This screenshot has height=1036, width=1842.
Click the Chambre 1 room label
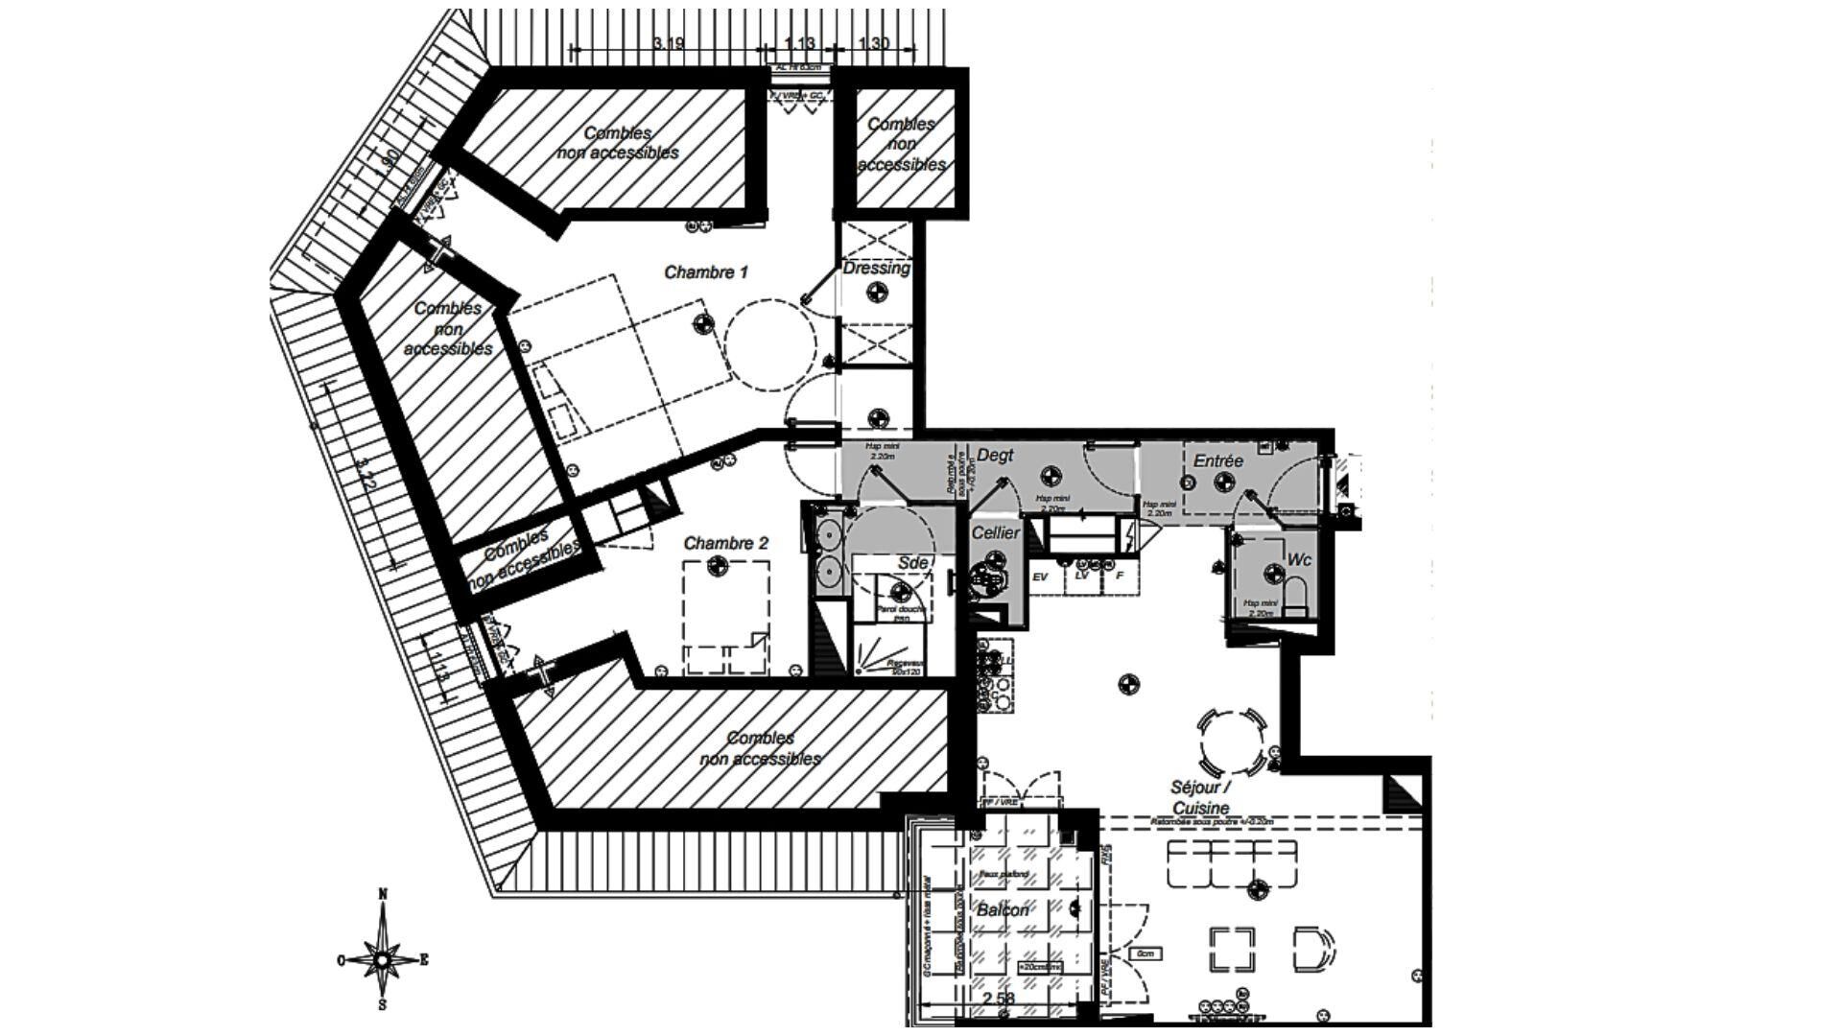click(706, 272)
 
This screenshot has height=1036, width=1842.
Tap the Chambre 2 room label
click(725, 544)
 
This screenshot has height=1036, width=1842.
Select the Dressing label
click(876, 269)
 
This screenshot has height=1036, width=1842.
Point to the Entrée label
click(1217, 461)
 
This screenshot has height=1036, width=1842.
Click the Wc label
click(1299, 559)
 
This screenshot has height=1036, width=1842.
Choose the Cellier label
click(995, 533)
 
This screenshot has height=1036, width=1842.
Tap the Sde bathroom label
click(912, 563)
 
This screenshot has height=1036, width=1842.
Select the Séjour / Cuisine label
click(1199, 797)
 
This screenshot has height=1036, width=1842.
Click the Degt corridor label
click(995, 457)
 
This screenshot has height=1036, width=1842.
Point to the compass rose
click(382, 958)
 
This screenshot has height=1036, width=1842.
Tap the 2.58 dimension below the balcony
click(998, 1000)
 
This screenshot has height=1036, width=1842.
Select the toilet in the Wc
click(1296, 595)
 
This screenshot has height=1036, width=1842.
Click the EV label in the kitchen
click(1039, 577)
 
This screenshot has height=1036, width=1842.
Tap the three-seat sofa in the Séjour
click(1232, 863)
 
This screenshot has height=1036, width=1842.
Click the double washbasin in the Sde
click(827, 555)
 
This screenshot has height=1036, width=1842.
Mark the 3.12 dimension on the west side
click(365, 473)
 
